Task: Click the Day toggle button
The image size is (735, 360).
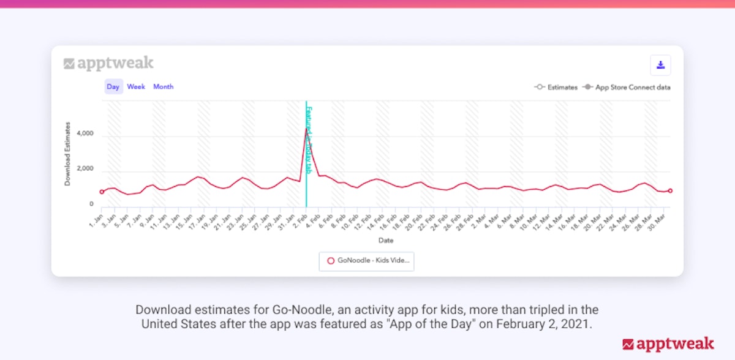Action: [x=113, y=87]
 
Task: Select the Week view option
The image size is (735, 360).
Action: [x=136, y=87]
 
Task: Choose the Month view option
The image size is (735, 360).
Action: [x=164, y=87]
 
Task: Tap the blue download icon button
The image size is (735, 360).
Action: [x=660, y=66]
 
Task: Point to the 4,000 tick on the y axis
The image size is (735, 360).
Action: [x=83, y=133]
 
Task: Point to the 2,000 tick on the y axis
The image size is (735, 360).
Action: [x=83, y=169]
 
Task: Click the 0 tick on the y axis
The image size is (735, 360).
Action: [x=91, y=204]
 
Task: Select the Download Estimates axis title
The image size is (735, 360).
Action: [x=68, y=154]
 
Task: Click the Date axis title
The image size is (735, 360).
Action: [x=386, y=241]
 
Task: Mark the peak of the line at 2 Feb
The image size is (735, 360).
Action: [x=306, y=128]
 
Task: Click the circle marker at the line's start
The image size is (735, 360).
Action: [x=102, y=192]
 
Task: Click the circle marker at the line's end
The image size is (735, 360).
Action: [x=671, y=191]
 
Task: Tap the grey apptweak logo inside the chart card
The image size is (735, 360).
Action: [x=108, y=63]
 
